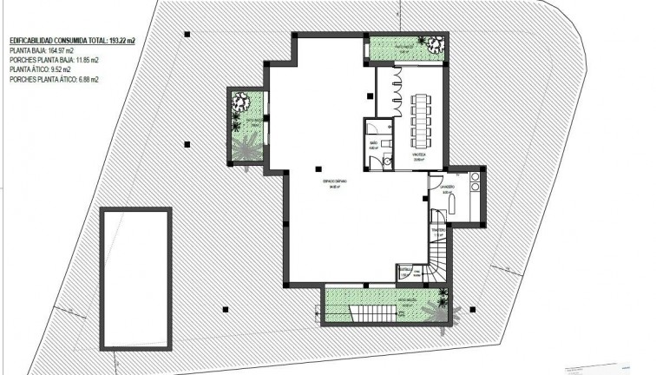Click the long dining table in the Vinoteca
click(x=421, y=118)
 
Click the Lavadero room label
click(x=448, y=187)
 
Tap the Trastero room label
click(x=437, y=230)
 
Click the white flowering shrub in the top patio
click(x=427, y=43)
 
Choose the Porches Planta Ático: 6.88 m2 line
click(x=54, y=80)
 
